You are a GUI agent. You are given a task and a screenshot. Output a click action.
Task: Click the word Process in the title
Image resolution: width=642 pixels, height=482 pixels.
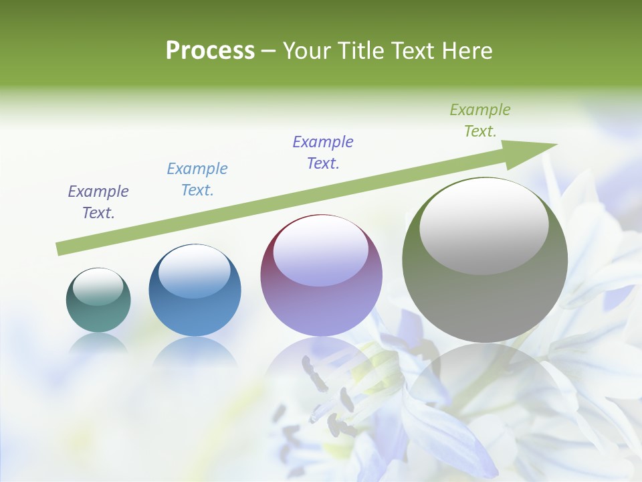pos(210,51)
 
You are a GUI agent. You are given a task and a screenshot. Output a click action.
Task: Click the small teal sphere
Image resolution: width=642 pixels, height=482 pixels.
pos(98,301)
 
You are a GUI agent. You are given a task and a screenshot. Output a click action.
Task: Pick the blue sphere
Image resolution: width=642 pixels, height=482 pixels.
pos(195,291)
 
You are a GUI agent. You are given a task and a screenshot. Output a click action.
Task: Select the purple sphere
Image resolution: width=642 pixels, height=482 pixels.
pos(321,276)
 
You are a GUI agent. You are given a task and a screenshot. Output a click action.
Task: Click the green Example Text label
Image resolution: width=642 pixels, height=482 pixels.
pos(480,120)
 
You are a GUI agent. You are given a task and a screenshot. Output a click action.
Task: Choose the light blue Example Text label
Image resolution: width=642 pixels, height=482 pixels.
pos(197,179)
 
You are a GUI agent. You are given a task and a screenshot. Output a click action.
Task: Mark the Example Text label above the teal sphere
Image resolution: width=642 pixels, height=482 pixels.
pos(98,202)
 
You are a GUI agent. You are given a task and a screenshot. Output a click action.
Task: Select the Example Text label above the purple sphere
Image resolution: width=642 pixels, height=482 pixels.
pos(323,153)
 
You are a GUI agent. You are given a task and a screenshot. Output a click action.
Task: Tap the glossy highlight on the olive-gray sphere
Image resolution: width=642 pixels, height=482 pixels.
pos(484,226)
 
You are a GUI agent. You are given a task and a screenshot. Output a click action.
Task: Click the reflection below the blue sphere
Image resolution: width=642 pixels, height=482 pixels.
pos(195,351)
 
